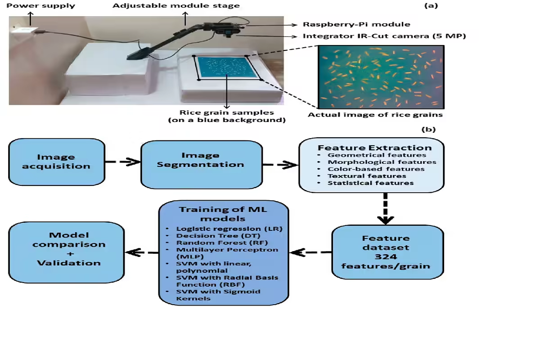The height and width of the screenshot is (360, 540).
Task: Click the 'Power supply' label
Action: point(41,6)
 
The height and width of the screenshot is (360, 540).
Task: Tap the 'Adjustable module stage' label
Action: point(176,6)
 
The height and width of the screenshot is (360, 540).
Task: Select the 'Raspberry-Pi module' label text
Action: point(356,24)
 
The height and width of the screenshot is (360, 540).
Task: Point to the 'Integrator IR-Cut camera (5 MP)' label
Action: point(384,36)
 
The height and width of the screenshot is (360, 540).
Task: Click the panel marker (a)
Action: point(431,5)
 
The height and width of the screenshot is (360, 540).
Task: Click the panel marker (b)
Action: point(428,130)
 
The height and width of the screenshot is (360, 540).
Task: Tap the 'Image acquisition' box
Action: point(57,162)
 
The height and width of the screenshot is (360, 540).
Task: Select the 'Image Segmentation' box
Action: point(202,165)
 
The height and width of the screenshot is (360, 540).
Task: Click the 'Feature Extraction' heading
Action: point(374,148)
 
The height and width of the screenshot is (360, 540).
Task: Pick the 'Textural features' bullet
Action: point(367,176)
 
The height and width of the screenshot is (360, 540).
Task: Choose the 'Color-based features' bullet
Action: point(376,169)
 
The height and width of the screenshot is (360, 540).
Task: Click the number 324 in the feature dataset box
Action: point(386,256)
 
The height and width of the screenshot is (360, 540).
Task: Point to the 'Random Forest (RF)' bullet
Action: point(222,243)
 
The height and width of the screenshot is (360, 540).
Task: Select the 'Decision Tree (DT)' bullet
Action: point(218,236)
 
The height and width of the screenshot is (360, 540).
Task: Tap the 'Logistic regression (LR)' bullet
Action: point(229,229)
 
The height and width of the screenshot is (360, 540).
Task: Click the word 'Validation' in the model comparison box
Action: point(69,263)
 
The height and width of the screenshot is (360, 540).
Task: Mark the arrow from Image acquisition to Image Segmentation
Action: point(123,162)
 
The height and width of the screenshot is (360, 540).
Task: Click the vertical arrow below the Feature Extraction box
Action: point(386,209)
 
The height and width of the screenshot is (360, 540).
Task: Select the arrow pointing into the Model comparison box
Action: point(142,253)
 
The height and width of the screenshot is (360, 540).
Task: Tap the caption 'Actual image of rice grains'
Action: point(375,115)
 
